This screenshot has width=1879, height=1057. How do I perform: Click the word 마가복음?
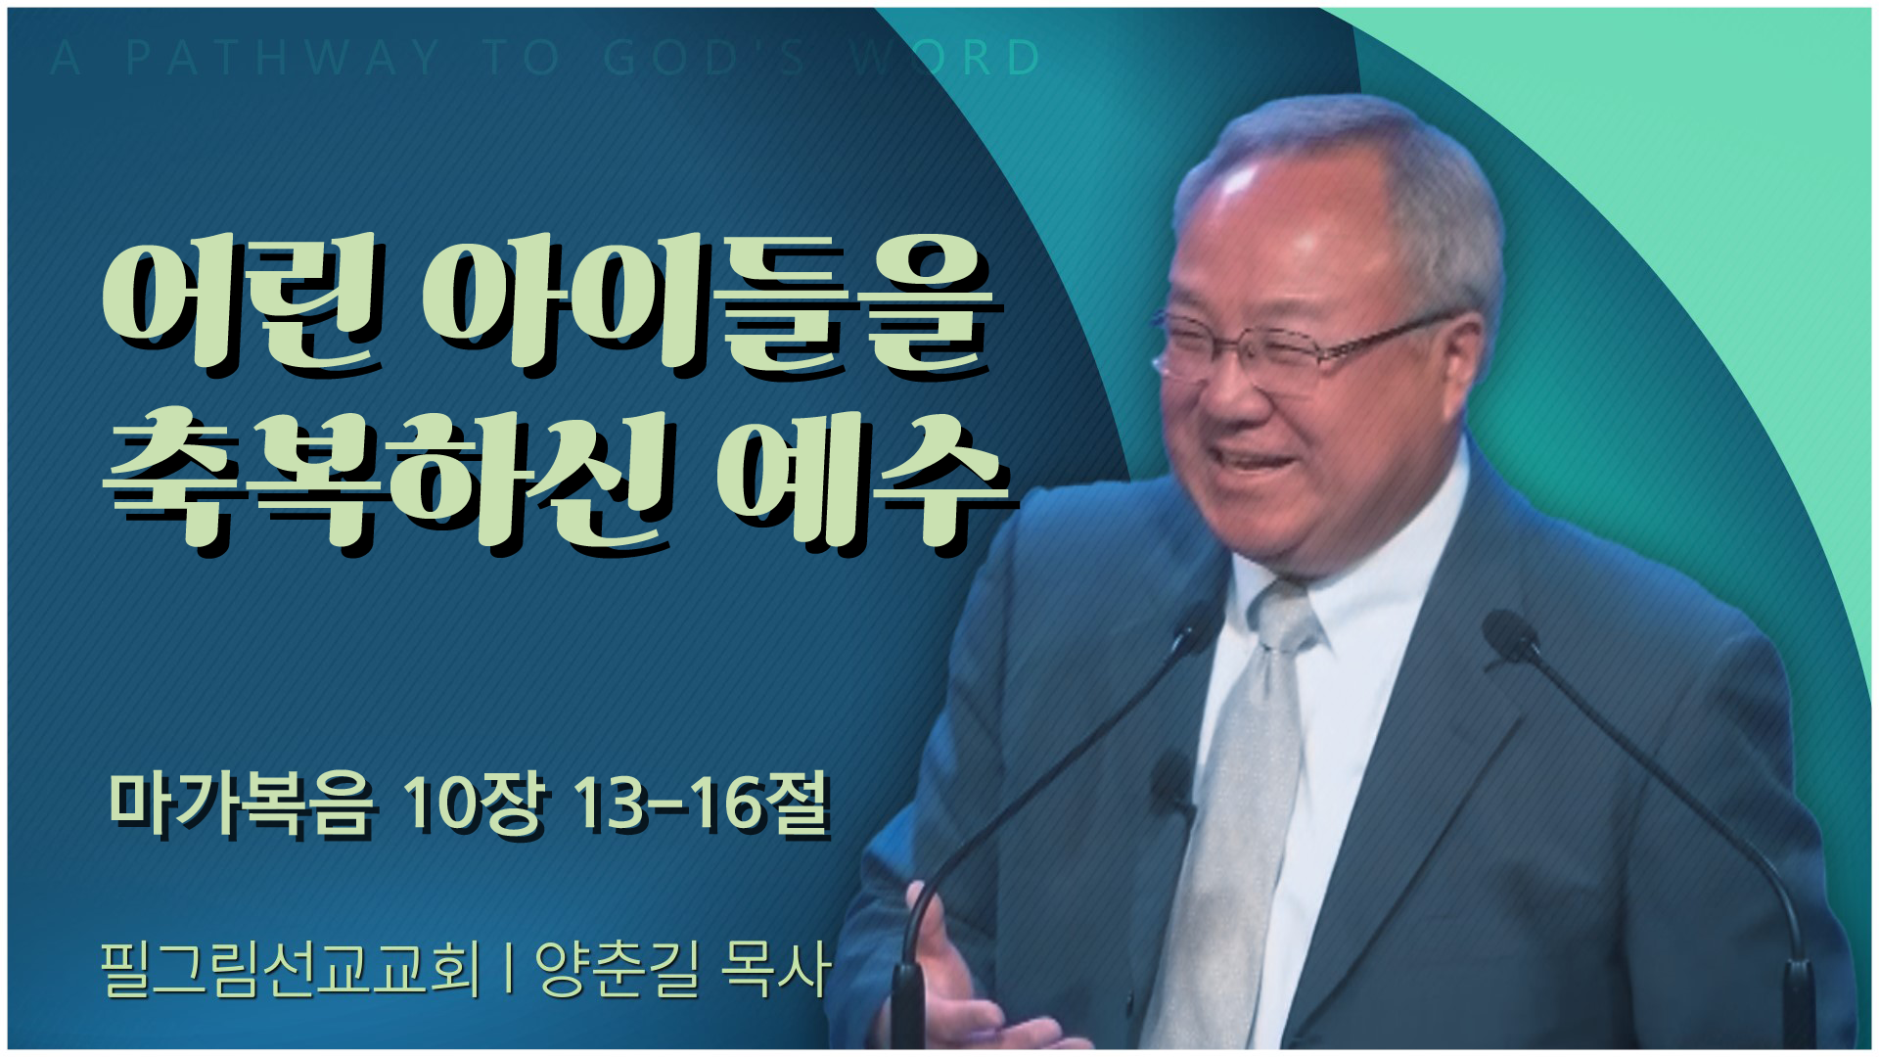pos(241,804)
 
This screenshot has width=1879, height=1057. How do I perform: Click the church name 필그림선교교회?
pos(291,969)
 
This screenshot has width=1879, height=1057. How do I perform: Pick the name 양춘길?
pos(618,969)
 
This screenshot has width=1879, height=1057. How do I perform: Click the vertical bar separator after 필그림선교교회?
pos(508,969)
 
